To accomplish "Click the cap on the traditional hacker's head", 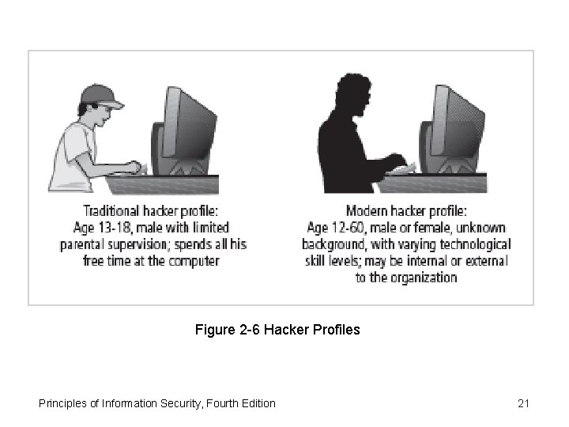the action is pos(101,96).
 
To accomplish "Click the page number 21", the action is pos(523,403).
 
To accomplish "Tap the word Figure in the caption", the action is pos(213,329).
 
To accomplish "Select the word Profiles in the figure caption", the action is pos(336,329).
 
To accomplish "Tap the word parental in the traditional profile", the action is pos(84,244).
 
